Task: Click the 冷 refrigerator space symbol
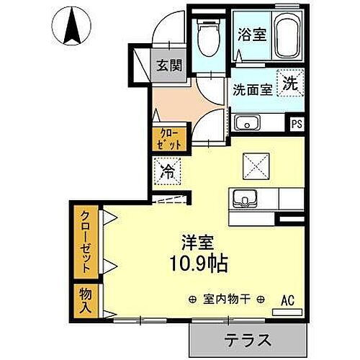pos(166,173)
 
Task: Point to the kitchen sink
pos(246,197)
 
